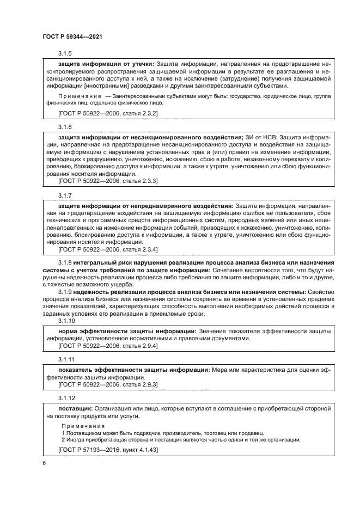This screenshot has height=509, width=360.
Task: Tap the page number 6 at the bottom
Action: click(x=44, y=463)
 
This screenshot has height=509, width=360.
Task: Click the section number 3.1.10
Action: click(x=66, y=322)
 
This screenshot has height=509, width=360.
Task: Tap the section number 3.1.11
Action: click(x=66, y=360)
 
